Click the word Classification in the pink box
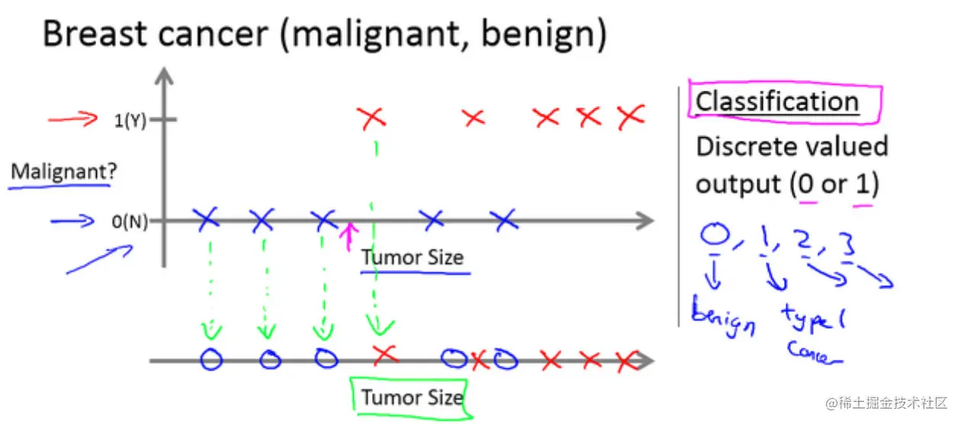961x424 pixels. pyautogui.click(x=776, y=101)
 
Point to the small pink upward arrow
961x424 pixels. pyautogui.click(x=349, y=236)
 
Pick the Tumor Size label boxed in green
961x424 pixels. pyautogui.click(x=411, y=397)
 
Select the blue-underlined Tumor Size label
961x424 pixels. pyautogui.click(x=412, y=258)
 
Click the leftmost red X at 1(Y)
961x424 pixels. pyautogui.click(x=372, y=118)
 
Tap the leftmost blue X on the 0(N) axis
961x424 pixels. pyautogui.click(x=207, y=220)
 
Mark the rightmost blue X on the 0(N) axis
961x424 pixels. pyautogui.click(x=503, y=220)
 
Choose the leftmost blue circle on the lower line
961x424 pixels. pyautogui.click(x=211, y=359)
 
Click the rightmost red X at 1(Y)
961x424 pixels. pyautogui.click(x=630, y=117)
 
